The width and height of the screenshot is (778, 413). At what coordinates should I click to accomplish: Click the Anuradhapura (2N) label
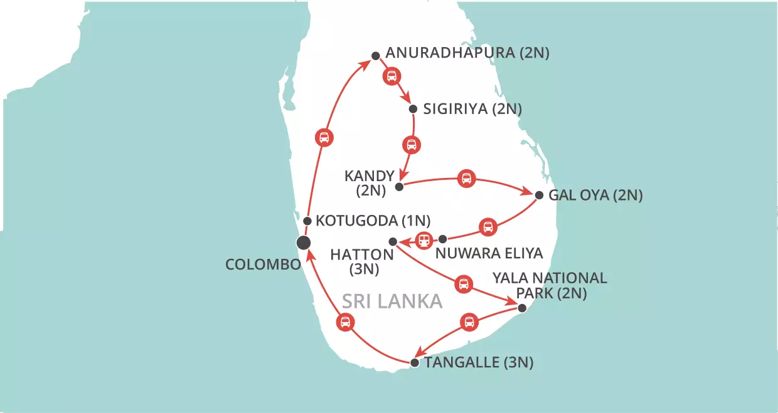point(467,53)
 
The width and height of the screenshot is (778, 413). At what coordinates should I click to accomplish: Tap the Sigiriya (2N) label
point(472,109)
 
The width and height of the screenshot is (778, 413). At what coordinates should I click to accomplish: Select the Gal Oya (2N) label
point(595,195)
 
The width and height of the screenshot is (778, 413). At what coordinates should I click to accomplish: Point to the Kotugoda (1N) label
point(372,221)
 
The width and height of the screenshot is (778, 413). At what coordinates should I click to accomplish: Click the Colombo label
point(263,264)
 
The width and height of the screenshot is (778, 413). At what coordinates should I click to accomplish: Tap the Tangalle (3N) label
point(479,362)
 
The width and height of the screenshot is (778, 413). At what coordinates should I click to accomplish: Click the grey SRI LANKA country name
point(392,301)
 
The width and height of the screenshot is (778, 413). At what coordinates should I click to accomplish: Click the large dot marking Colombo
point(304,243)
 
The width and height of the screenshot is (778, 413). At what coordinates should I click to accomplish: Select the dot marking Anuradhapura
point(375,56)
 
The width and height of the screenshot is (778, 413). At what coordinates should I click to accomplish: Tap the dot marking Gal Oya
point(539,195)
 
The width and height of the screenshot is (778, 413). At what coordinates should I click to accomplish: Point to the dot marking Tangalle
point(414,363)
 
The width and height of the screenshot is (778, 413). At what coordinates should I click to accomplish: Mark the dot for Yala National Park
point(522,307)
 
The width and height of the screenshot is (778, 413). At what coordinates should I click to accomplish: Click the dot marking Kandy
point(399,187)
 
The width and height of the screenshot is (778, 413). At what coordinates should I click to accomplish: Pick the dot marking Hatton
point(393,241)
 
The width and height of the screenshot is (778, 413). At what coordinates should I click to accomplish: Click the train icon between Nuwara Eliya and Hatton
point(425,239)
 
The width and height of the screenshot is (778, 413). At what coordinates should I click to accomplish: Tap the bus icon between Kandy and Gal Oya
point(466,179)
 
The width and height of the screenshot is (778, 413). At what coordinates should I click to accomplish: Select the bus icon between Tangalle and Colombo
point(344,323)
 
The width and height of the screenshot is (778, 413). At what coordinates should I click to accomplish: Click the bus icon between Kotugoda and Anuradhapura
point(324,137)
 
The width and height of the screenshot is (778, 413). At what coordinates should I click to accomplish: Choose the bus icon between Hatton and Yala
point(464,284)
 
